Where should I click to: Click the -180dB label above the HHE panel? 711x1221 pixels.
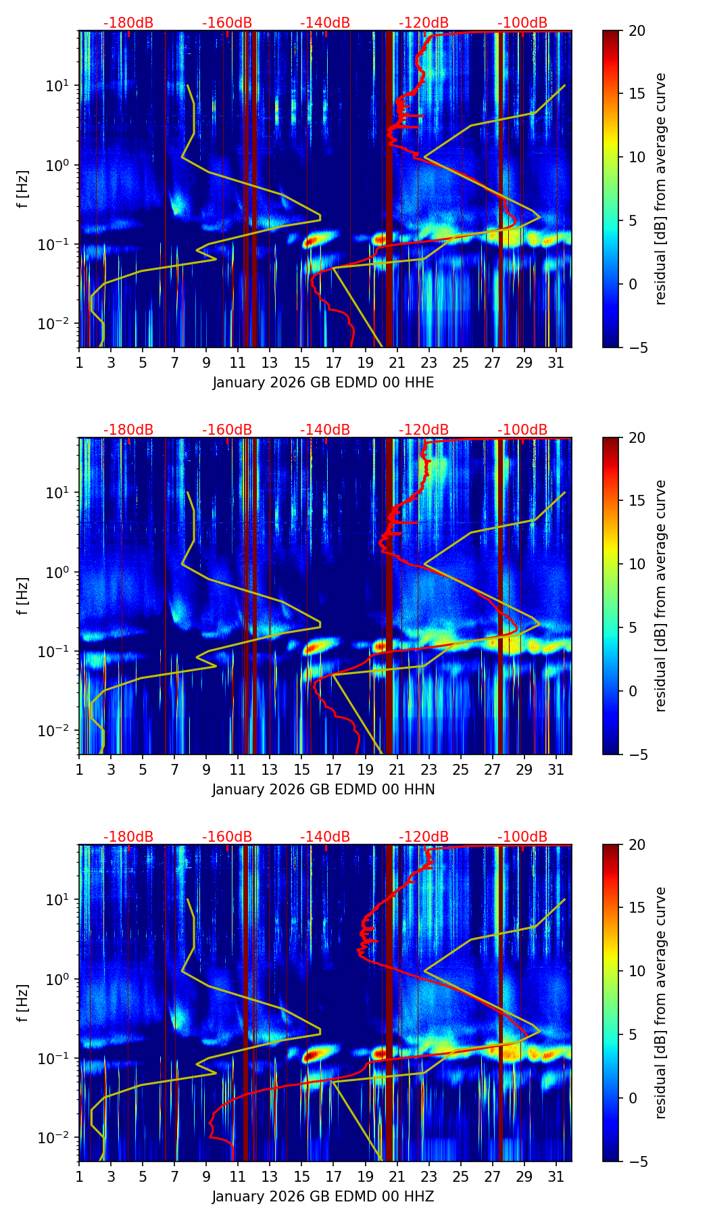pyautogui.click(x=128, y=23)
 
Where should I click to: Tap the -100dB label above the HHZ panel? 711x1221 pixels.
pyautogui.click(x=522, y=837)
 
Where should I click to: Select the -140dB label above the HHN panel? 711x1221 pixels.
pyautogui.click(x=325, y=430)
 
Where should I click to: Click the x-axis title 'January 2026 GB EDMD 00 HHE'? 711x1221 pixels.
pyautogui.click(x=323, y=383)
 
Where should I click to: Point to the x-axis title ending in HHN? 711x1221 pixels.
pyautogui.click(x=323, y=790)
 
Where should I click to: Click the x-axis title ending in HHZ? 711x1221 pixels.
pyautogui.click(x=323, y=1197)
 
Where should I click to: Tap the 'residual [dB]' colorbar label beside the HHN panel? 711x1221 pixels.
pyautogui.click(x=661, y=596)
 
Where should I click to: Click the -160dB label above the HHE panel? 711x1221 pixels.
pyautogui.click(x=227, y=23)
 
